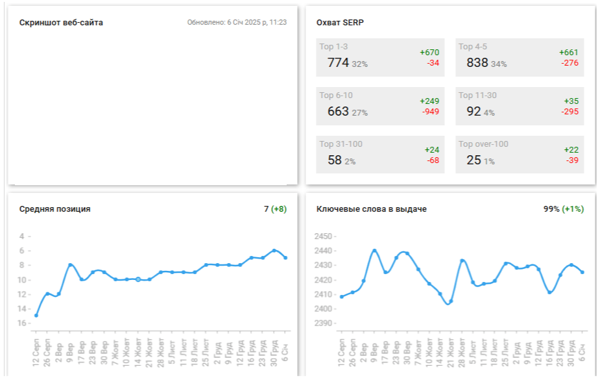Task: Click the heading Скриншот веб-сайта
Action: coord(61,23)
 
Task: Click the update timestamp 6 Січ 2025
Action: coord(237,23)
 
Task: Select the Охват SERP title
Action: coord(340,23)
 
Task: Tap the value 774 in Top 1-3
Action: coord(338,63)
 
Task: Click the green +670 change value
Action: coord(429,53)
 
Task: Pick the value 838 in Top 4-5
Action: coord(477,63)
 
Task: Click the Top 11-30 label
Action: coord(477,95)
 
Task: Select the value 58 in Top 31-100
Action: coord(335,160)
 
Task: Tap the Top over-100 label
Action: coord(483,144)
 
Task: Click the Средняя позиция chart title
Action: coord(55,209)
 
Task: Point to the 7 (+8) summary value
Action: coord(275,209)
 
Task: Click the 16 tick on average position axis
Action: coord(23,323)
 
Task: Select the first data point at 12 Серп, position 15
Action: coord(36,315)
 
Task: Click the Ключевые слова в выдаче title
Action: coord(371,209)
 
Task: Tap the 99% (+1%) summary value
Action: coord(564,209)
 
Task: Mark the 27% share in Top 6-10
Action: coord(360,113)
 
